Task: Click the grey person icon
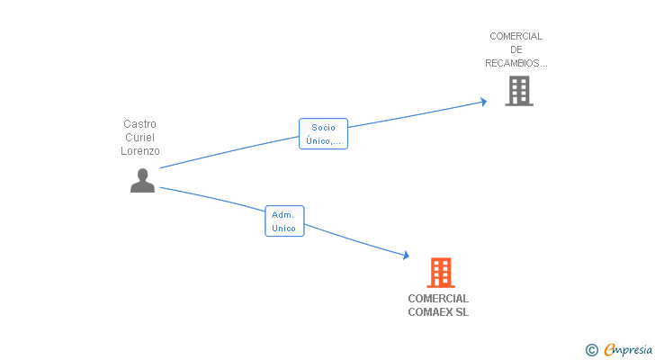[x=142, y=180]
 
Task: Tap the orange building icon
[x=440, y=272]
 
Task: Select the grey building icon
[x=518, y=91]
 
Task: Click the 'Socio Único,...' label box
[x=323, y=133]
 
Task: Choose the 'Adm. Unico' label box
[x=284, y=221]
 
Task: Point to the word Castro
[x=140, y=124]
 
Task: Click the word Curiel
[x=140, y=138]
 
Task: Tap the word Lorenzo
[x=140, y=151]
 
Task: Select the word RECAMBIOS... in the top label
[x=516, y=63]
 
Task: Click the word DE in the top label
[x=516, y=49]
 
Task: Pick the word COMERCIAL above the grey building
[x=516, y=36]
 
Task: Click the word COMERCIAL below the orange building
[x=438, y=299]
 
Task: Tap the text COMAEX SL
[x=438, y=312]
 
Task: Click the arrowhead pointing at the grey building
[x=482, y=102]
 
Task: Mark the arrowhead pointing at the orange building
[x=405, y=256]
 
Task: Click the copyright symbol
[x=591, y=350]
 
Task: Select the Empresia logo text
[x=627, y=350]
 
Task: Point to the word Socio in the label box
[x=323, y=127]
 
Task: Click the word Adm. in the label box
[x=283, y=215]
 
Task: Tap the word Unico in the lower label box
[x=284, y=229]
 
